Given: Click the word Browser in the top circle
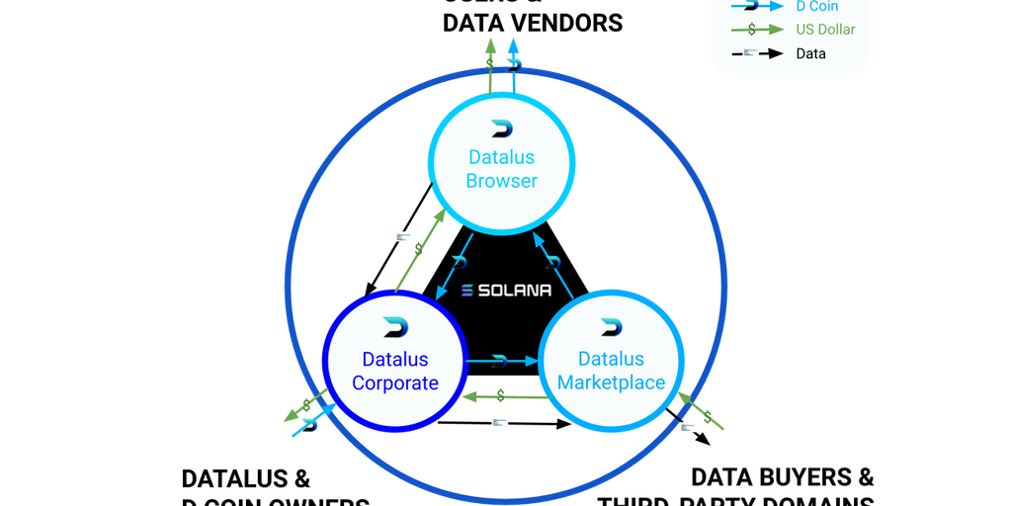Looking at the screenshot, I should pos(502,181).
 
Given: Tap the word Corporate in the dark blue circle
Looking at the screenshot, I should pos(395,382).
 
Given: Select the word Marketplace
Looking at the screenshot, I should pos(611,382).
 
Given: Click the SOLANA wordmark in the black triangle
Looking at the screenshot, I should pos(506,291).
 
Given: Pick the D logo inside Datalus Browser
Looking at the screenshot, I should pos(502,129).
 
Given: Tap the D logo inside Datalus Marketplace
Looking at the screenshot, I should pos(611,328).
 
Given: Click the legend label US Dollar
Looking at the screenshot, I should pos(825,30).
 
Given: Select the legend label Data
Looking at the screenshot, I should pos(810,53).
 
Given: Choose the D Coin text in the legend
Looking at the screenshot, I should pos(816,7).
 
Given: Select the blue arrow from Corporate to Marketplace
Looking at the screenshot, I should pos(500,361).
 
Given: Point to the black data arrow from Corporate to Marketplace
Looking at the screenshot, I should pos(504,424).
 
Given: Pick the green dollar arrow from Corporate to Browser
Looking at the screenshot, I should pos(420,251).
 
